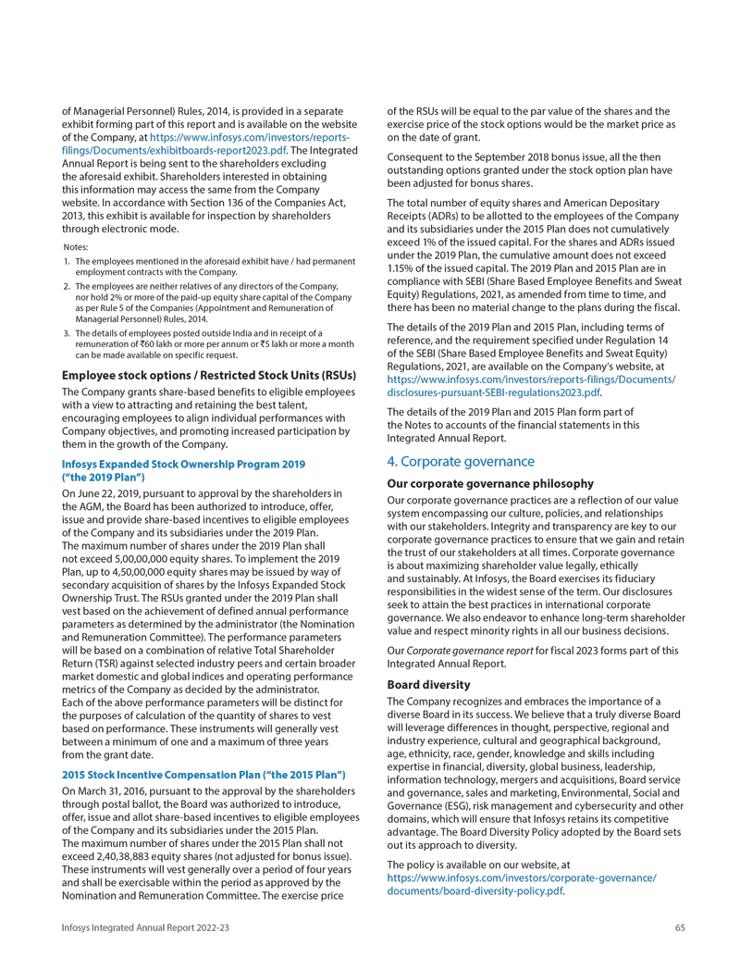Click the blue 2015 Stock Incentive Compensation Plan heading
coord(203,773)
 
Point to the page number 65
coord(680,927)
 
